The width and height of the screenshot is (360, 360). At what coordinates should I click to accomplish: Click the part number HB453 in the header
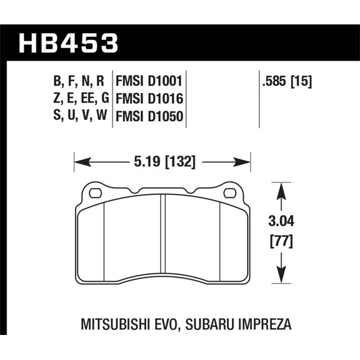tap(69, 44)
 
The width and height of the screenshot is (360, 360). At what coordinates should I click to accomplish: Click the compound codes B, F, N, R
tap(78, 81)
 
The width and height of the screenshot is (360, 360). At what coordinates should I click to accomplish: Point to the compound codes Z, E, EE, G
tap(78, 98)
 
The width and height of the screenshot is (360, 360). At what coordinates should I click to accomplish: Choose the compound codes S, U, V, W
tap(78, 116)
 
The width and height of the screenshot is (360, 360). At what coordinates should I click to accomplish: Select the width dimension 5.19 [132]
tap(162, 162)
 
